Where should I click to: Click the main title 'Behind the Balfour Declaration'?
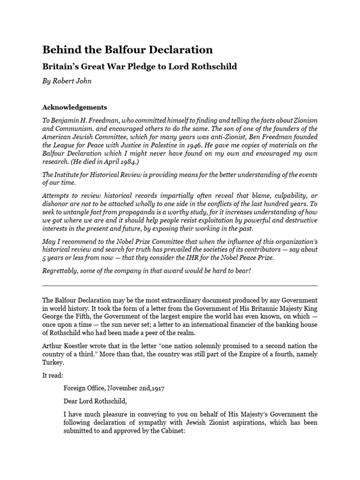[x=127, y=50]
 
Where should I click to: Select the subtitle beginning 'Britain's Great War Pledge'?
[x=140, y=67]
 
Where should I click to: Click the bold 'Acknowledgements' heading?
[x=75, y=107]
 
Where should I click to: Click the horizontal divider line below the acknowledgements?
[x=180, y=285]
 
